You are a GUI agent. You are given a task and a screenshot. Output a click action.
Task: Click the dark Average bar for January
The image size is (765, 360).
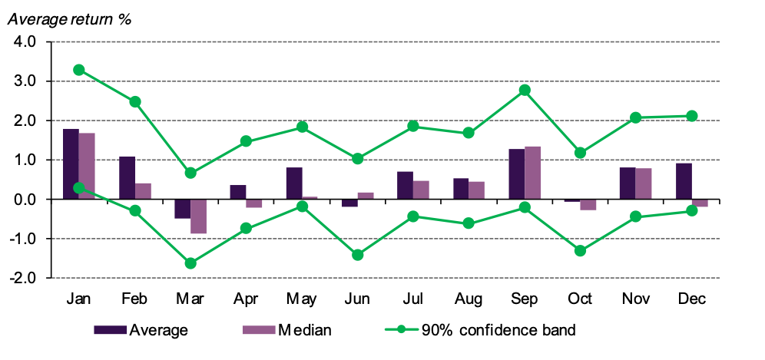71,164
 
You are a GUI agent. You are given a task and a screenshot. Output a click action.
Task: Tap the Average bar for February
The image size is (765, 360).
127,178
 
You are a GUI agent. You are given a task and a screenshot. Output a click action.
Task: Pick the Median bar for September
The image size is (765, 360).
534,173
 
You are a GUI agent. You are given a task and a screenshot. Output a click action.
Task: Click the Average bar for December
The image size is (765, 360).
684,181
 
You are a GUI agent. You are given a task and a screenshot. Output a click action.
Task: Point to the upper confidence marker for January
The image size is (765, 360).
78,70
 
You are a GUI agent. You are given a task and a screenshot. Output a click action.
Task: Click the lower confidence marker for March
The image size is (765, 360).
190,263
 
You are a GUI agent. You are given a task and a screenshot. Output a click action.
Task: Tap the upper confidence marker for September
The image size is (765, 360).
525,90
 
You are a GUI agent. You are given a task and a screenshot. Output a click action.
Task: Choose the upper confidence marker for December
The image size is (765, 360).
691,116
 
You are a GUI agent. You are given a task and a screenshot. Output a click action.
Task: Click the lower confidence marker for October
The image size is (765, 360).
581,251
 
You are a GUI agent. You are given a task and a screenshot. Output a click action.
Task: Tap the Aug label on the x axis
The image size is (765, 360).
469,298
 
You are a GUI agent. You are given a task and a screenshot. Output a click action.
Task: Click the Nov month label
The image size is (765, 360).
636,298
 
